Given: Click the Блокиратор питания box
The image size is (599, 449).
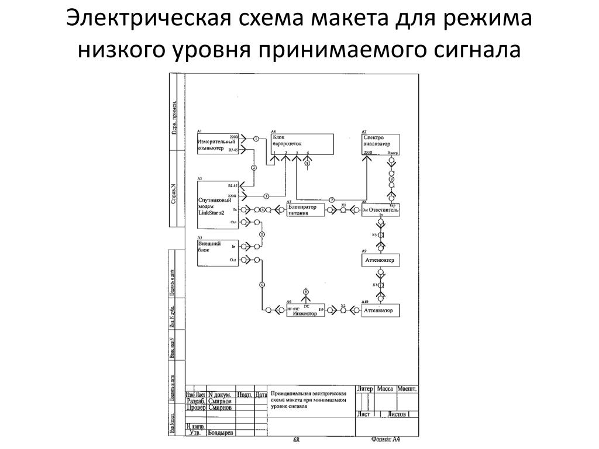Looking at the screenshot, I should [305, 210].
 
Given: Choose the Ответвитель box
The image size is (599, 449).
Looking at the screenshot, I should [381, 210].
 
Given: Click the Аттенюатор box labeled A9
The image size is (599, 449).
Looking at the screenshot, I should [380, 260].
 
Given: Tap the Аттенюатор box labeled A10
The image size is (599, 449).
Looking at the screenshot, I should [380, 310].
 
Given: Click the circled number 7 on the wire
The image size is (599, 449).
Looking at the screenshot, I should [331, 200].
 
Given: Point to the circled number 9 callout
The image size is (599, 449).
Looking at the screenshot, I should [391, 179].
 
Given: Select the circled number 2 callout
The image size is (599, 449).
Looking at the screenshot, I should [254, 168].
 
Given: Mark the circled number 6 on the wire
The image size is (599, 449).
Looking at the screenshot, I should [261, 285].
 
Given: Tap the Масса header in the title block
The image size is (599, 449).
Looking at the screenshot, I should [384, 389].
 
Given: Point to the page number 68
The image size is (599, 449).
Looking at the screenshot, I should [297, 440].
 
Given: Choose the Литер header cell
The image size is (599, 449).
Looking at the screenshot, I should [364, 389].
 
